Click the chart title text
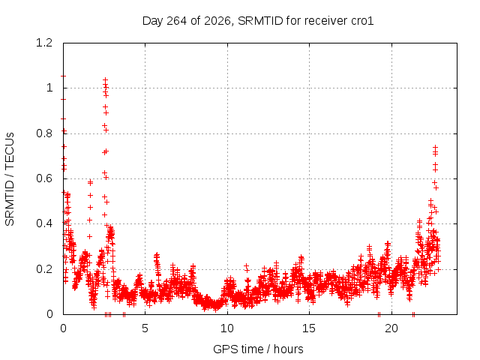(x=258, y=21)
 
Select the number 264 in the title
(x=176, y=21)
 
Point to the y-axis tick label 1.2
(x=44, y=43)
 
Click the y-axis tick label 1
(x=49, y=88)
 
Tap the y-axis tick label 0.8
(x=44, y=133)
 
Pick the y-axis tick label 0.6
(x=44, y=178)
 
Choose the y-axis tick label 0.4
(x=44, y=223)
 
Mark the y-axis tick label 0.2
(x=44, y=269)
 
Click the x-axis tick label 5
(x=145, y=328)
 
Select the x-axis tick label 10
(x=227, y=328)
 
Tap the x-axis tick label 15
(x=309, y=328)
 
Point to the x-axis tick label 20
(x=391, y=328)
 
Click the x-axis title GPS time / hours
(x=258, y=349)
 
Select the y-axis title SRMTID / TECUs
(x=10, y=178)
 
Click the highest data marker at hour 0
(x=63, y=76)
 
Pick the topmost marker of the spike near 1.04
(x=105, y=80)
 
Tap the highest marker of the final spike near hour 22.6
(x=435, y=147)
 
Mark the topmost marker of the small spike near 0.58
(x=90, y=182)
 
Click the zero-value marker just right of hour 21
(x=413, y=314)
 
